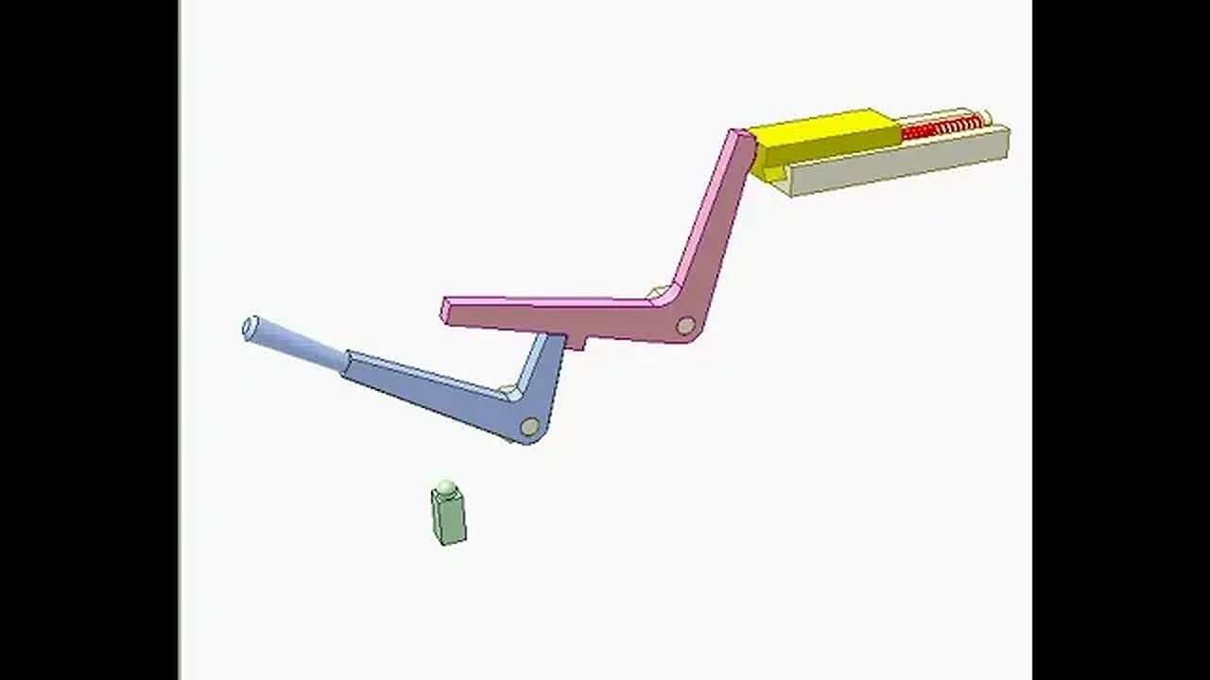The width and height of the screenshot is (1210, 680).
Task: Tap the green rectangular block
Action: [448, 518]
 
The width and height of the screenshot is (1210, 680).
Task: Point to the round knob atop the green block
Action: [447, 486]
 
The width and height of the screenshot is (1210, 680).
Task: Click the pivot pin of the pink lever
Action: [685, 326]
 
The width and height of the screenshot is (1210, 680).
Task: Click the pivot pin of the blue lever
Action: [529, 427]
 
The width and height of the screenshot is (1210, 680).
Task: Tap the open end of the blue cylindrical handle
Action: [251, 329]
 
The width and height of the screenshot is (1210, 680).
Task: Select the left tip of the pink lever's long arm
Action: [447, 311]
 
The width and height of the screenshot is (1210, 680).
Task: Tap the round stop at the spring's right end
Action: [986, 118]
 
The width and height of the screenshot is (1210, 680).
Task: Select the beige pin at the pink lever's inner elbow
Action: [656, 293]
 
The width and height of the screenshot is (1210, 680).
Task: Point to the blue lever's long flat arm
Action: [425, 382]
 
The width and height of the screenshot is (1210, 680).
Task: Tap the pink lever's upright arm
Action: [717, 222]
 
